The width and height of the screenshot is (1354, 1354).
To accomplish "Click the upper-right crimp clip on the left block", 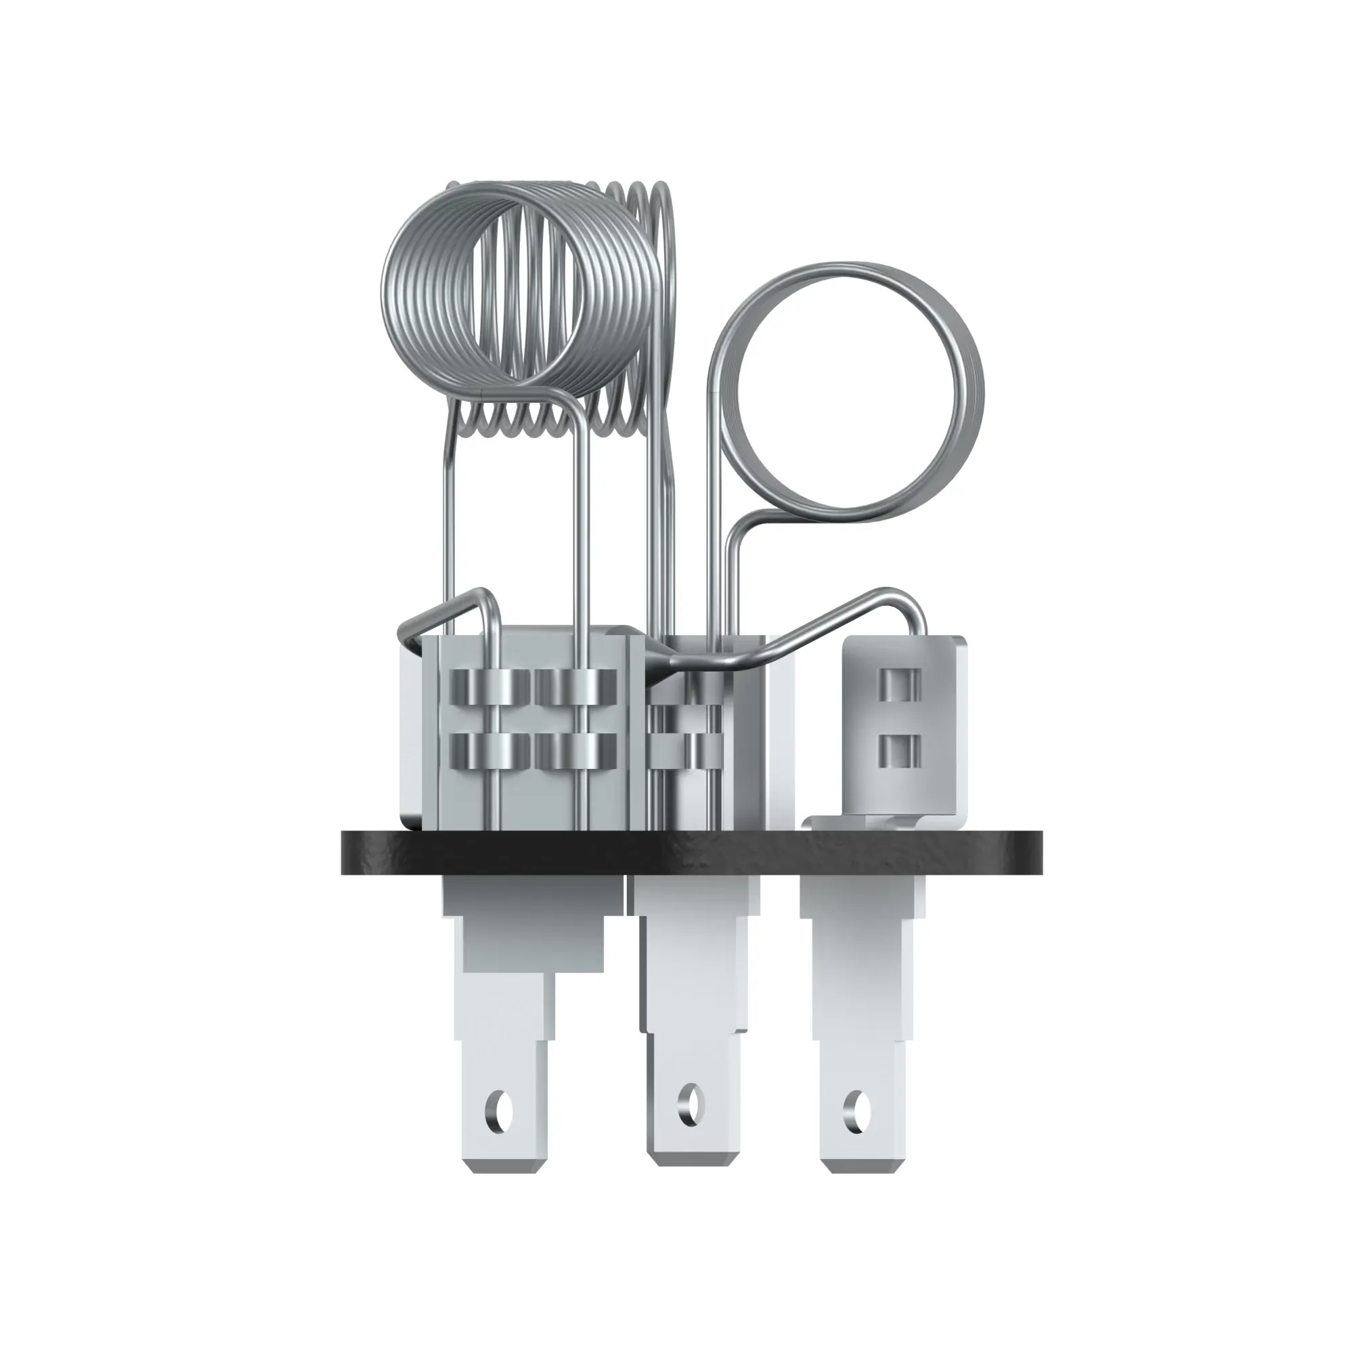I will pyautogui.click(x=575, y=686).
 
